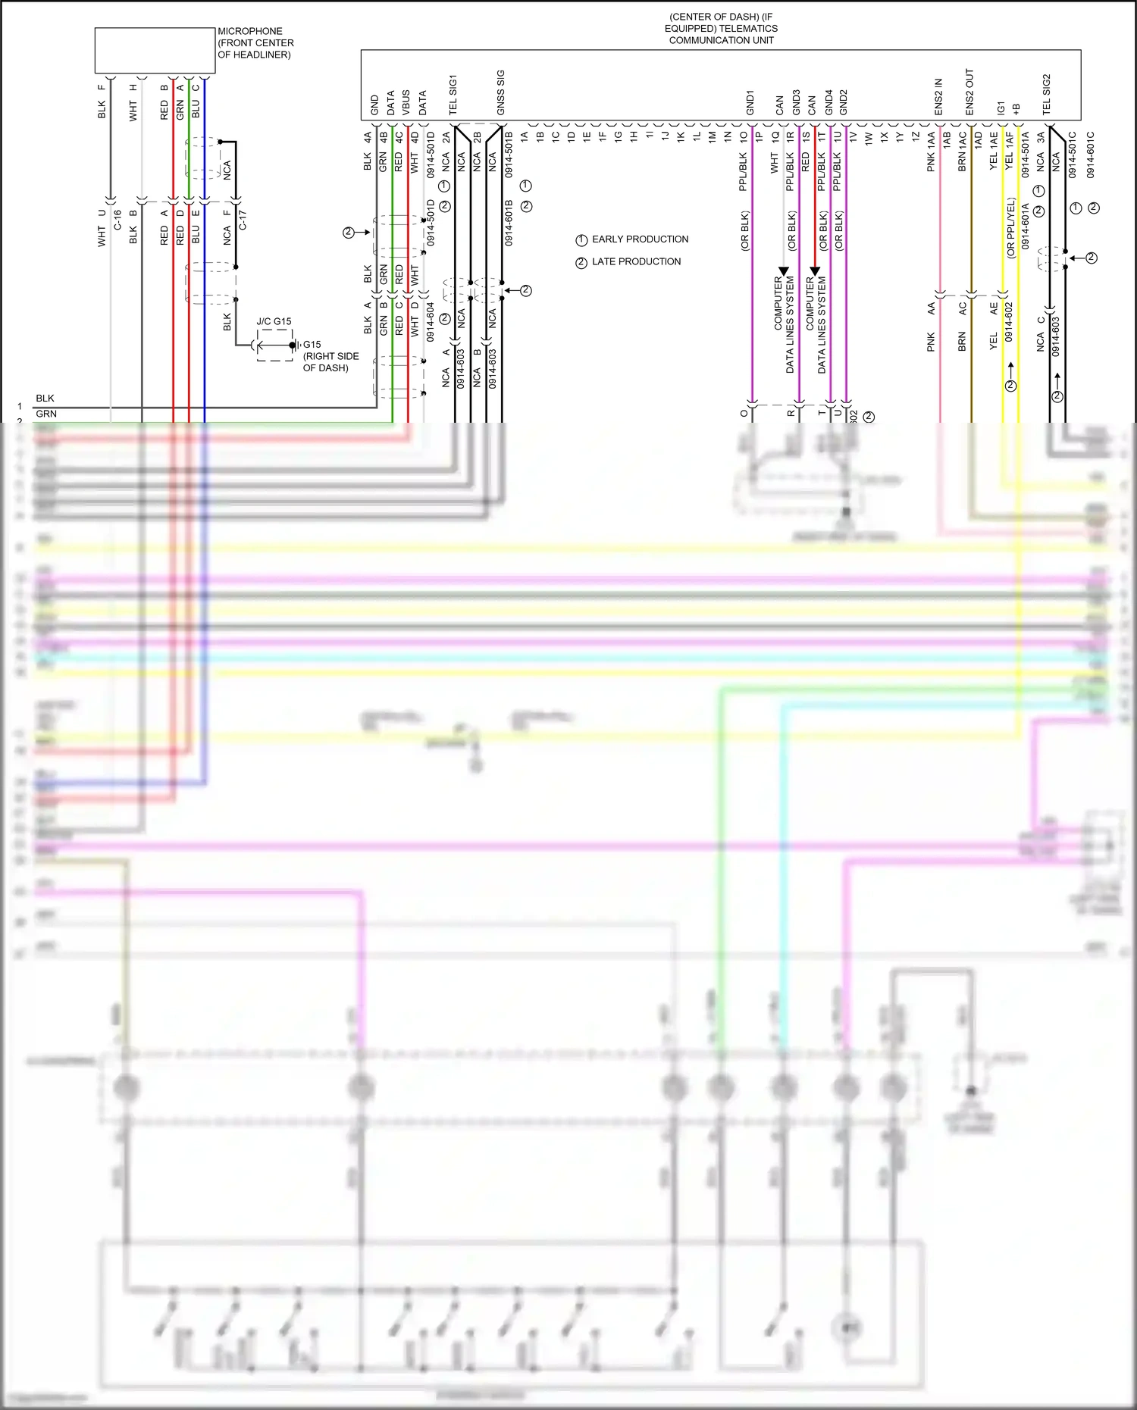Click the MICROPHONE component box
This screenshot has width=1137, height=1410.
click(x=155, y=51)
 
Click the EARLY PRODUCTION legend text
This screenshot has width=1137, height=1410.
click(x=640, y=239)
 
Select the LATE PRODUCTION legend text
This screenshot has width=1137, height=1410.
click(x=636, y=261)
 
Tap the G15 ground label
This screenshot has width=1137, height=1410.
click(x=312, y=344)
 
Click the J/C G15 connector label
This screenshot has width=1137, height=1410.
click(x=274, y=321)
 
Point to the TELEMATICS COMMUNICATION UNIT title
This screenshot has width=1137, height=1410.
click(x=721, y=29)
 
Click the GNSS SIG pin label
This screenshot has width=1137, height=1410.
click(x=500, y=93)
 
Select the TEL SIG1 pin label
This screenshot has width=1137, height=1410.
click(x=453, y=95)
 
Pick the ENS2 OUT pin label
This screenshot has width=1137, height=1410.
click(x=969, y=92)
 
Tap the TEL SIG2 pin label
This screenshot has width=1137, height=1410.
click(x=1047, y=95)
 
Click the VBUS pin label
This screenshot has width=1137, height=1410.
click(x=406, y=103)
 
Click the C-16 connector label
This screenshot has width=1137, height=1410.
click(x=117, y=220)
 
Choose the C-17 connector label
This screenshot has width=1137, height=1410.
click(x=243, y=220)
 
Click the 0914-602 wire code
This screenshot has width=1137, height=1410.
click(x=1009, y=322)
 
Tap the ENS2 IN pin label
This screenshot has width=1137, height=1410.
click(x=938, y=97)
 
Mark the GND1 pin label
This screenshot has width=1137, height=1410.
click(x=750, y=103)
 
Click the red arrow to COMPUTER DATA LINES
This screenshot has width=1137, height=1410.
click(x=815, y=270)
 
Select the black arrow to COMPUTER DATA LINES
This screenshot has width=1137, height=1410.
click(x=784, y=270)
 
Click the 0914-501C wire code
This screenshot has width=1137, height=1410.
click(x=1073, y=155)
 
